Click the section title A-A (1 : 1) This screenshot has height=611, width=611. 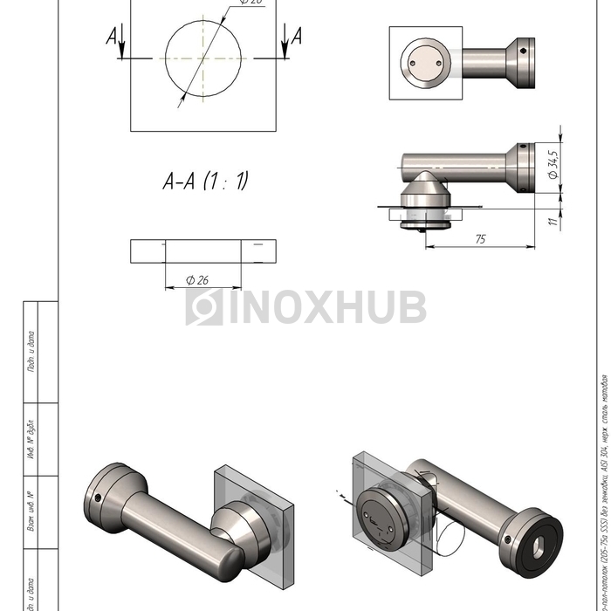205,181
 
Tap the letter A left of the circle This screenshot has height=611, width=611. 112,36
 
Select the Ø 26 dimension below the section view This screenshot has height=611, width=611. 202,279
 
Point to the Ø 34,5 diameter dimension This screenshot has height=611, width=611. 553,163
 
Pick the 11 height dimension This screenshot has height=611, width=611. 552,221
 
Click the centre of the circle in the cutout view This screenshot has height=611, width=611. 203,59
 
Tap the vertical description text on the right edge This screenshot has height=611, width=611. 602,489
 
